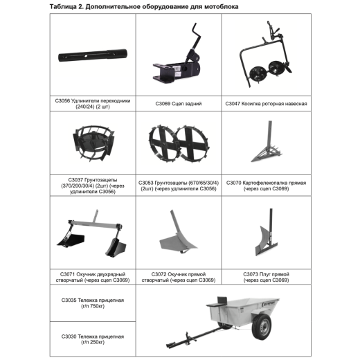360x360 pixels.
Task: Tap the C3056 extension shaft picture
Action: tap(93, 55)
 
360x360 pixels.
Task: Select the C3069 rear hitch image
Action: tap(177, 53)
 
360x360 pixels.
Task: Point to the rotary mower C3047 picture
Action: tap(265, 54)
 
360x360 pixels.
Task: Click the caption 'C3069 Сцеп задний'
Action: tap(179, 104)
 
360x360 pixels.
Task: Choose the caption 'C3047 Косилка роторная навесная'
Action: tap(266, 104)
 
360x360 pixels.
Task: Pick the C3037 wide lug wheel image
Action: tap(93, 143)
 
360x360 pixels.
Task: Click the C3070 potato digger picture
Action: tap(267, 141)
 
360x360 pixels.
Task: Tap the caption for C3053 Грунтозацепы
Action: tap(179, 186)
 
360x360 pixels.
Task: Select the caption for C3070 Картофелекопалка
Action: tap(266, 186)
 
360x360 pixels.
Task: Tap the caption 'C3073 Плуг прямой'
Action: tap(266, 277)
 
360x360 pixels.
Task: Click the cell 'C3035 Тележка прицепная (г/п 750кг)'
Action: tap(93, 303)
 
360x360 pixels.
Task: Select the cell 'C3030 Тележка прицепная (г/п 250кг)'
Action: tap(93, 339)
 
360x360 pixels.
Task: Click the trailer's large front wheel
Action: tap(262, 326)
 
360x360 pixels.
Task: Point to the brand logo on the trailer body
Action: tap(270, 303)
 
